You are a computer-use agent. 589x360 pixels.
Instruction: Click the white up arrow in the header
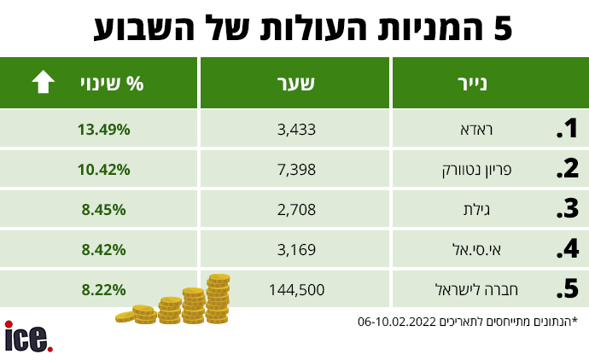pos(44,81)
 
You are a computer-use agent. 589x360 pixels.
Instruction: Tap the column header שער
pos(295,84)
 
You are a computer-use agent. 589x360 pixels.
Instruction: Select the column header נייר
pos(472,84)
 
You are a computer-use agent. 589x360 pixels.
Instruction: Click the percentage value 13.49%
pos(103,130)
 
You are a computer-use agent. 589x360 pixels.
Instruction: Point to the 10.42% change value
pos(103,170)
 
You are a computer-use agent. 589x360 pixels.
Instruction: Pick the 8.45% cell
pos(103,210)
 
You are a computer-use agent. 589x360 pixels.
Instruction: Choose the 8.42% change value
pos(103,250)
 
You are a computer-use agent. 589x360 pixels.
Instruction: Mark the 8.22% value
pos(103,290)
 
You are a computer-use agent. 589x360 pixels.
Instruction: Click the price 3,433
pos(296,130)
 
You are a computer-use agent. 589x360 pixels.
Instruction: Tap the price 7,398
pos(296,170)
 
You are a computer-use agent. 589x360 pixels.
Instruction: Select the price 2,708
pos(296,210)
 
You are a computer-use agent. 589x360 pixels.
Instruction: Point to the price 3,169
pos(296,250)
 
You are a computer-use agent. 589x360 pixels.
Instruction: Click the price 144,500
pos(296,290)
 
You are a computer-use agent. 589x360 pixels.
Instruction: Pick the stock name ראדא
pos(476,130)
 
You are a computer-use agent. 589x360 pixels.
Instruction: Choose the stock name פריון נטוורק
pos(476,170)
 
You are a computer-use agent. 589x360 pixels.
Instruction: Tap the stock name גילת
pos(476,210)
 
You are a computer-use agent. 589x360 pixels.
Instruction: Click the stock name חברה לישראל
pos(476,289)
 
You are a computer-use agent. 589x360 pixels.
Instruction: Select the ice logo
pos(28,336)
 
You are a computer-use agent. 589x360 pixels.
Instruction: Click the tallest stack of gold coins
pos(218,299)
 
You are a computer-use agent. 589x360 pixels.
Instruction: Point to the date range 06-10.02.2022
pos(397,322)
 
